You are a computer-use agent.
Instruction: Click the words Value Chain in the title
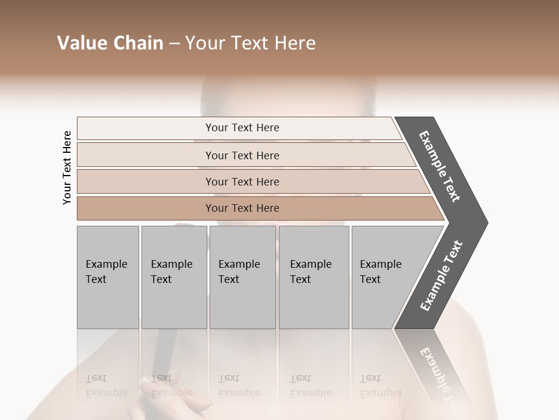tap(110, 43)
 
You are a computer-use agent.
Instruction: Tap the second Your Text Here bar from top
tap(242, 155)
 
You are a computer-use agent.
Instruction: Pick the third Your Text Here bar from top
tap(242, 182)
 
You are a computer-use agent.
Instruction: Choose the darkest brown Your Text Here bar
tap(242, 208)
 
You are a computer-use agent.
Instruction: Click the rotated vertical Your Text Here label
tap(67, 167)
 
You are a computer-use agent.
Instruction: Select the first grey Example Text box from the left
tap(108, 277)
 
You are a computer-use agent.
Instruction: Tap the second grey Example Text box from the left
tap(174, 277)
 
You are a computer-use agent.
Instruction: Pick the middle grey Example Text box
tap(242, 277)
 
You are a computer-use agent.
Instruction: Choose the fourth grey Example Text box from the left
tap(313, 277)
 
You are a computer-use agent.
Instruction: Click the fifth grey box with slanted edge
tap(384, 277)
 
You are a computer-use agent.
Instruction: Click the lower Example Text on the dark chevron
tap(441, 275)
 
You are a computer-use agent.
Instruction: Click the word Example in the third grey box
tap(239, 264)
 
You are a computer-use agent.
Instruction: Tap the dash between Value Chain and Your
tap(174, 44)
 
